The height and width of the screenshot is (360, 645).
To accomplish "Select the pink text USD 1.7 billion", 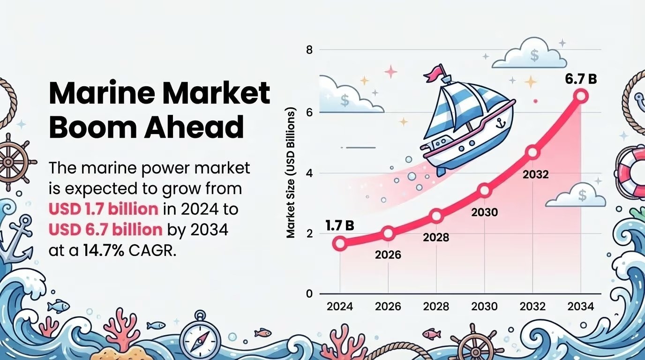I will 103,209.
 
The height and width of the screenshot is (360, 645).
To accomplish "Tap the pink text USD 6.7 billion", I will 105,230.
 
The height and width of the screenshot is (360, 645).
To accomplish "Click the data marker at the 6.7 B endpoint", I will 581,96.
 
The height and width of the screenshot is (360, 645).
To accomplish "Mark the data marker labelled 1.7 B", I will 340,243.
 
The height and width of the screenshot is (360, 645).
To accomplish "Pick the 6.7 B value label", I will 581,79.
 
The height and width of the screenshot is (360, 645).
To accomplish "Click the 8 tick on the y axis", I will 309,50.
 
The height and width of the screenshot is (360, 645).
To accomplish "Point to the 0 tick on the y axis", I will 309,294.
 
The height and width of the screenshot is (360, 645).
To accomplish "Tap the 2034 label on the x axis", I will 581,307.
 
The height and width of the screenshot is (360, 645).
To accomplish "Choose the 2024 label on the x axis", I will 340,307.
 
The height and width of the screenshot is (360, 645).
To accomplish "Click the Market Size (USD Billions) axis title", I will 291,173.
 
